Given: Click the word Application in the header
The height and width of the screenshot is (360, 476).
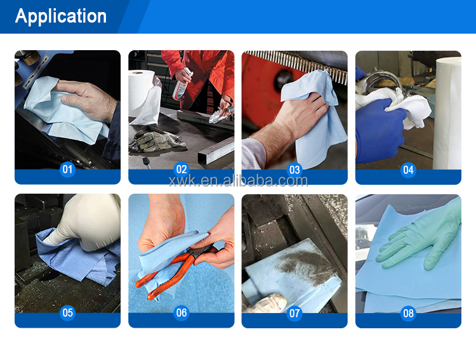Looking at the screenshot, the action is [61, 16].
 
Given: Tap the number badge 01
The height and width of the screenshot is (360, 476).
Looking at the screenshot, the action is [67, 170].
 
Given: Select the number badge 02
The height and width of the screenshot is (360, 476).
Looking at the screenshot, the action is [182, 170].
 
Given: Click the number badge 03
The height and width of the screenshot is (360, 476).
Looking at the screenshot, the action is [294, 170].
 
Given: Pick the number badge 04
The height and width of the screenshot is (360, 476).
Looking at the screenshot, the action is [408, 170].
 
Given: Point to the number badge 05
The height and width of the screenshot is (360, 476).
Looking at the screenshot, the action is [67, 312].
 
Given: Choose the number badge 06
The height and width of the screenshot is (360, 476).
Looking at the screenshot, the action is [182, 312].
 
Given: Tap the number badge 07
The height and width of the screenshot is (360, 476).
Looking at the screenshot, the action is [294, 313].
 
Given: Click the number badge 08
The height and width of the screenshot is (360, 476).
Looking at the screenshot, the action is [408, 313].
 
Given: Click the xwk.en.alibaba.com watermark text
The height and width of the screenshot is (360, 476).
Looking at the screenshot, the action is [238, 181].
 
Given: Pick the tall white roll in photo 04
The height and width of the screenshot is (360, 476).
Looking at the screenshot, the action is [447, 113].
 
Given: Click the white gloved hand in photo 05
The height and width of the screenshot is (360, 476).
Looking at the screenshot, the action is [86, 222].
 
